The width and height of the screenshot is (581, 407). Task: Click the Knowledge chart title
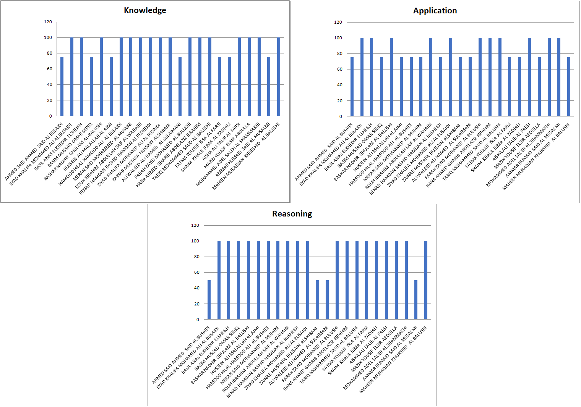coord(145,10)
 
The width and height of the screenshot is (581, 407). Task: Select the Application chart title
coord(435,11)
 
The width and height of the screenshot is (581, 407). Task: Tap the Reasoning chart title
coord(292,214)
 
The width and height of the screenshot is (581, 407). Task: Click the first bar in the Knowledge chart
coord(62,87)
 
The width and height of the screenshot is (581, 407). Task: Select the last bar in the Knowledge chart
coord(279,77)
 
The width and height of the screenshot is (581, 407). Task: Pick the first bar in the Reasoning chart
coord(209,300)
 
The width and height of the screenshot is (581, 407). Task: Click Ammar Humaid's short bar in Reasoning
coord(416,300)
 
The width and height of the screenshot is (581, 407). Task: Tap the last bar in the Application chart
coord(569,87)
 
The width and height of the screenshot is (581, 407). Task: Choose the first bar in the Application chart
coord(352,87)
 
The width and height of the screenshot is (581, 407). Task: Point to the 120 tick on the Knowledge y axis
coord(48,22)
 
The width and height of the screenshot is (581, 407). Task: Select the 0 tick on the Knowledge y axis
coord(50,116)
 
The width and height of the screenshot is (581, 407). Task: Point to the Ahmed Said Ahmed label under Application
coord(325,151)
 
